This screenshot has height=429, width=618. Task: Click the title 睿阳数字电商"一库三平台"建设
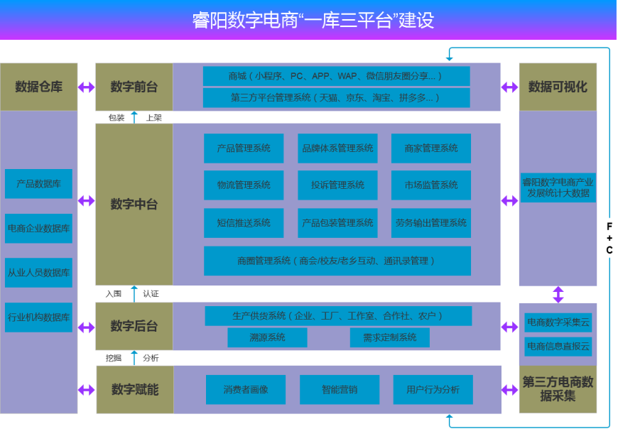click(x=313, y=19)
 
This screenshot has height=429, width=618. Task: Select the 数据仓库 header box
click(x=38, y=87)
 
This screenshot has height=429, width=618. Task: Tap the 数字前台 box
click(x=134, y=87)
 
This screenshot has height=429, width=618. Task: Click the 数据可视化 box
click(x=558, y=87)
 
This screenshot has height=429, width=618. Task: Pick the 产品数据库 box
click(x=38, y=183)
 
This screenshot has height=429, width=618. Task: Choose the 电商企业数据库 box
click(x=38, y=229)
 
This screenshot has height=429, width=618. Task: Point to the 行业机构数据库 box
click(x=38, y=317)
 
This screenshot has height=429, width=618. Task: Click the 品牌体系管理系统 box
click(x=337, y=148)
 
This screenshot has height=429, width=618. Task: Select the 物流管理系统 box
click(x=244, y=185)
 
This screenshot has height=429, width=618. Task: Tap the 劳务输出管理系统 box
click(x=431, y=223)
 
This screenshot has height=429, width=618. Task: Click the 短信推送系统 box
click(x=244, y=223)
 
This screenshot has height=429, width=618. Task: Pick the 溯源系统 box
click(x=267, y=337)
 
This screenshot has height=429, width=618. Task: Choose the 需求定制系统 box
click(x=389, y=337)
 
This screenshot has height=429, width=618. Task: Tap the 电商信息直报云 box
click(x=558, y=347)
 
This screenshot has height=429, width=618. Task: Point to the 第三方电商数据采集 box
click(x=558, y=389)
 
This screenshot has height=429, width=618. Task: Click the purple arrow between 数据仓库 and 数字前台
click(x=86, y=87)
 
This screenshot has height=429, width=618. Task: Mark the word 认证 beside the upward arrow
click(x=151, y=293)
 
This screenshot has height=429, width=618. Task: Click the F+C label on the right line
click(x=609, y=238)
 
